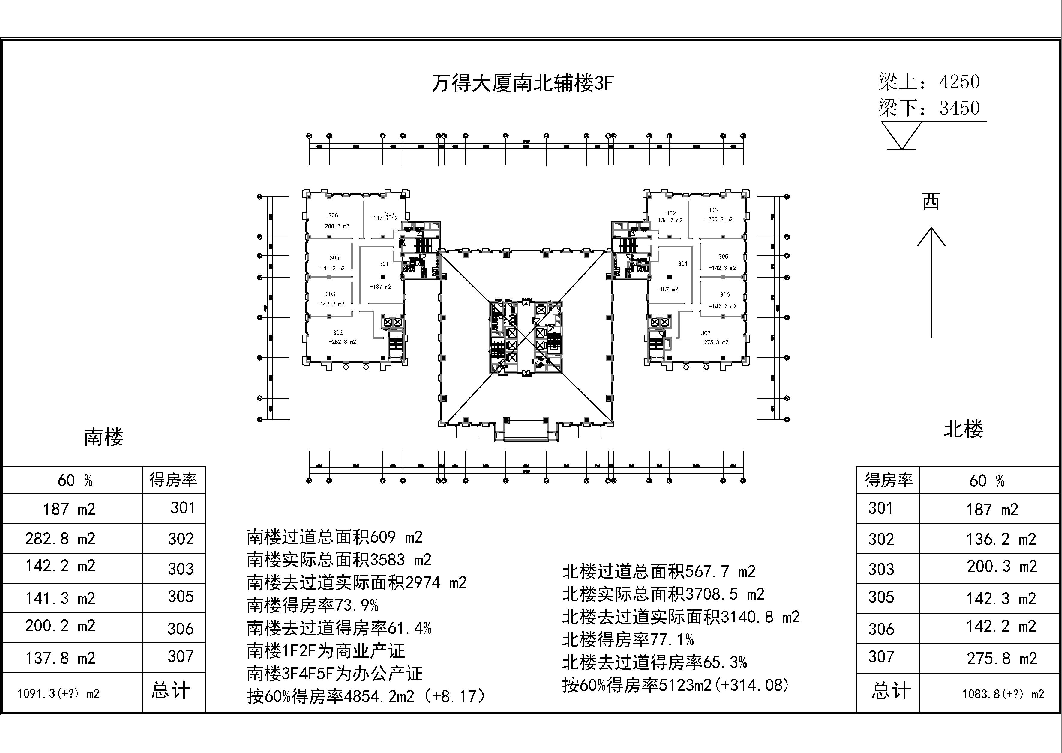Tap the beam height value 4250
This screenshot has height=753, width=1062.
coord(959,82)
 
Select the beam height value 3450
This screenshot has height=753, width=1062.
coord(959,108)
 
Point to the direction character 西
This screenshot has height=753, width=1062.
coord(931,202)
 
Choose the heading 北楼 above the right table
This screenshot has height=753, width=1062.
coord(963,429)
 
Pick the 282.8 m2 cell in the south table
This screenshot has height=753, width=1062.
coord(60,539)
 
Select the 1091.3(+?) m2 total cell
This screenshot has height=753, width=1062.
coord(58,694)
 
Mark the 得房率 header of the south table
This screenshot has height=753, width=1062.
coord(173,479)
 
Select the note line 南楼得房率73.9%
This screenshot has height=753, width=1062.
coord(313,605)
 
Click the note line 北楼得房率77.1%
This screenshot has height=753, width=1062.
coord(628,640)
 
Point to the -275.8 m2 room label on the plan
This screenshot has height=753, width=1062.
coord(715,342)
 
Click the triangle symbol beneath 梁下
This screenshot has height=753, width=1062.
coord(901,135)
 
